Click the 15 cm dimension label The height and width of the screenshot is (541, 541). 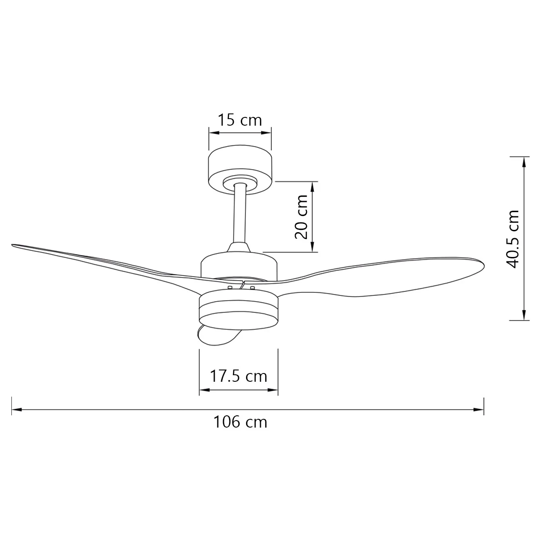[240, 120]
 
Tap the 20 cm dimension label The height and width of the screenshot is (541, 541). [301, 216]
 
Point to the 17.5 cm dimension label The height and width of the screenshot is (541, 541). [238, 377]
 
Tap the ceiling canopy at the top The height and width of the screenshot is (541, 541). [240, 169]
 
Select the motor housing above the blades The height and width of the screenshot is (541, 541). [239, 266]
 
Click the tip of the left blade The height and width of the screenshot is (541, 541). [12, 245]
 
